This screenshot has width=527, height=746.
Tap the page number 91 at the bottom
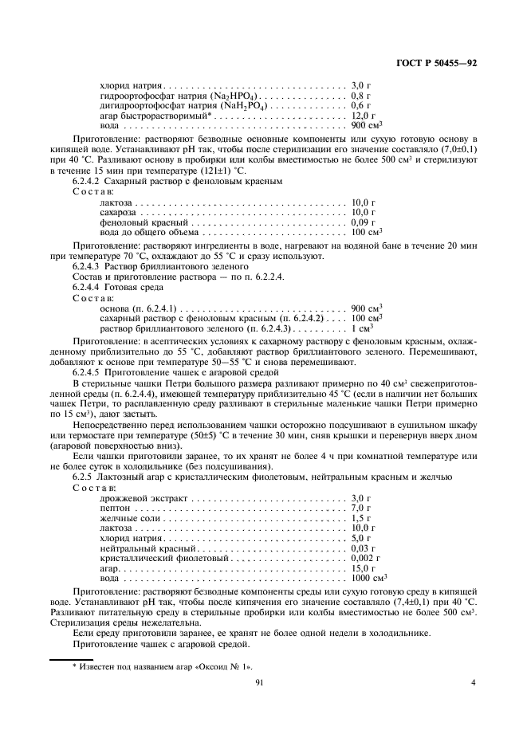(x=260, y=681)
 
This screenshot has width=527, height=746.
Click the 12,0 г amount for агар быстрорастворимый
(x=363, y=116)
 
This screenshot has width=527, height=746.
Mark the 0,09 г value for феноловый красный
(x=363, y=222)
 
